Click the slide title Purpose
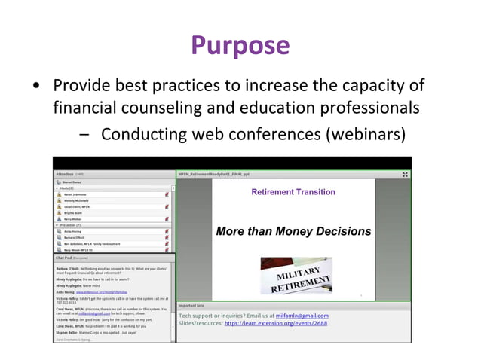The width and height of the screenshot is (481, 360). [240, 46]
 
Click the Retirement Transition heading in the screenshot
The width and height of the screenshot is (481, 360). [293, 192]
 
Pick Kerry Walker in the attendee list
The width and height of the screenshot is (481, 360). [75, 218]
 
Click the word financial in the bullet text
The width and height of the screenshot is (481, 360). [85, 109]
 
